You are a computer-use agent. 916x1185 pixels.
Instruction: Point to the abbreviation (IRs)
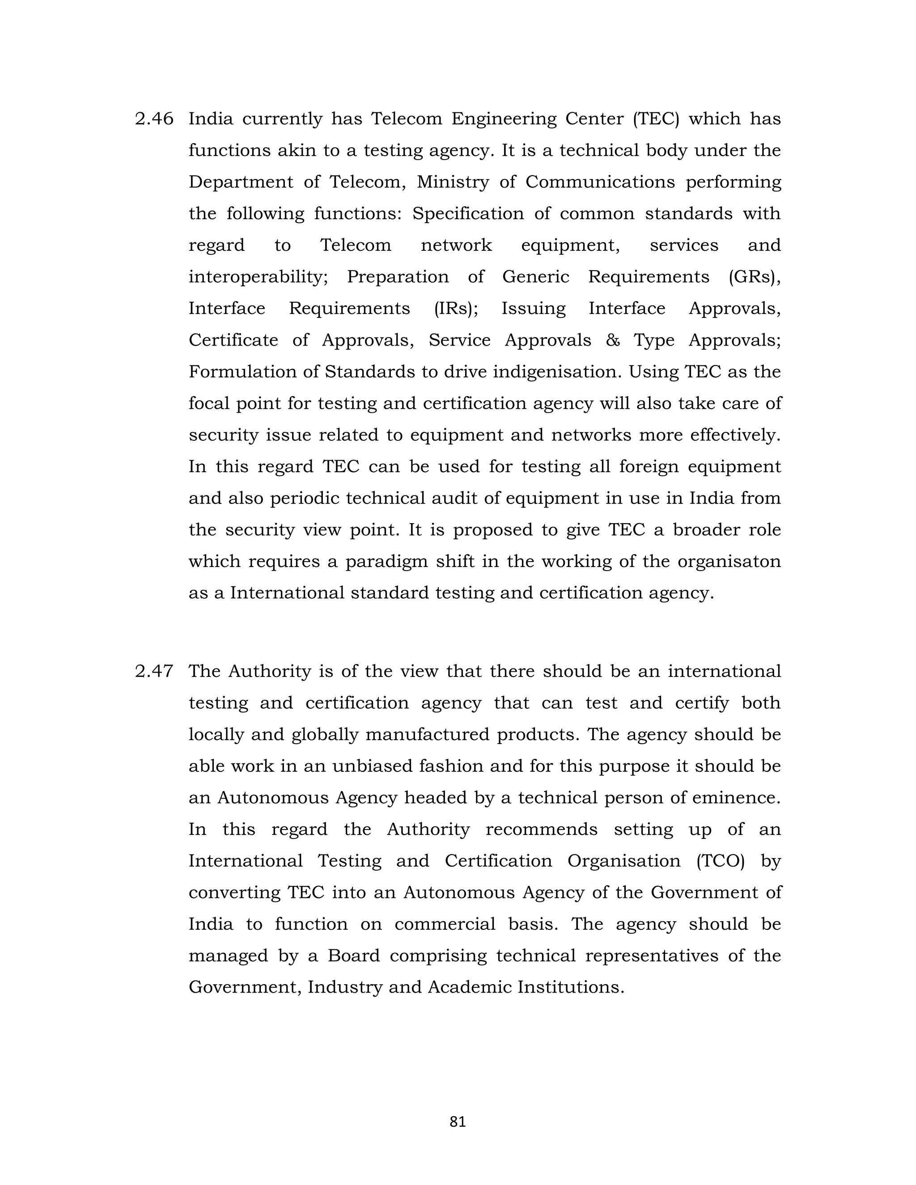pyautogui.click(x=456, y=308)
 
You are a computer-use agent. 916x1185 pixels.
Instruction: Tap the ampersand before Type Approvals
pyautogui.click(x=613, y=340)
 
